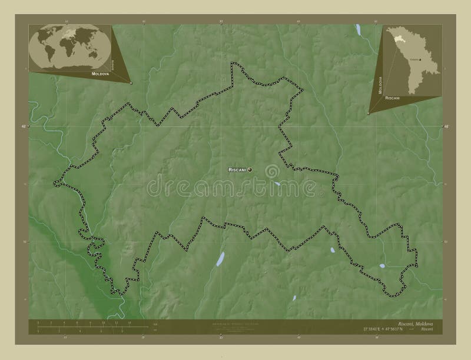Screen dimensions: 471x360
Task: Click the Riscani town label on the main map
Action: [x=237, y=170]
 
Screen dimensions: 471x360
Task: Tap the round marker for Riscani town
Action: [x=250, y=170]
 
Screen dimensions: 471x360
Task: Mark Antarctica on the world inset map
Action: [x=70, y=68]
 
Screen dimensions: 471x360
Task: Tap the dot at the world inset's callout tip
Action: [x=131, y=83]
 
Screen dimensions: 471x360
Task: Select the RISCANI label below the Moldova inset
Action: [x=393, y=97]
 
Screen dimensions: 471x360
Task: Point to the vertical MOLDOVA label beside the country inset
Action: [x=380, y=86]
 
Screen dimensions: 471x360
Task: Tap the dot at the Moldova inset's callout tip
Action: [x=368, y=113]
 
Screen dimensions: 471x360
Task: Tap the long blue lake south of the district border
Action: [x=220, y=259]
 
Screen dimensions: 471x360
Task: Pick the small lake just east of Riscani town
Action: [x=277, y=184]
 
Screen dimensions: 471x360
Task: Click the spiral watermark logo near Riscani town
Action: [x=272, y=171]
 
